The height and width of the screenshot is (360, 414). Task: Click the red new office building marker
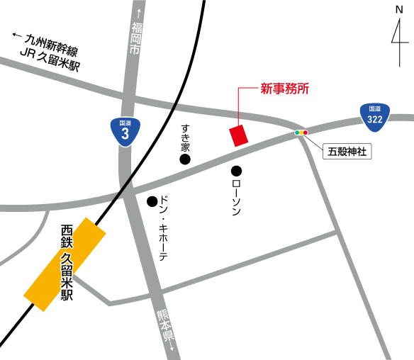click(x=239, y=135)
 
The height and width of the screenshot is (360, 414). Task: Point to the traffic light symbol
click(x=301, y=133)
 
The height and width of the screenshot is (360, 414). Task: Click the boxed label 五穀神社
click(x=347, y=151)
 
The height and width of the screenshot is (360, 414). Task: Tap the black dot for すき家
click(x=185, y=160)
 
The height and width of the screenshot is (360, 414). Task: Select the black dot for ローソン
click(x=236, y=171)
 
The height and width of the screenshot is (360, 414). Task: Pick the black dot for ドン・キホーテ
click(x=152, y=202)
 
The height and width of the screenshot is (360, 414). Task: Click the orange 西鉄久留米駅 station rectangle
click(x=65, y=264)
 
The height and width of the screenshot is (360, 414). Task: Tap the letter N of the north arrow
click(x=399, y=11)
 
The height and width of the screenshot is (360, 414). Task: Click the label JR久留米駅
click(x=50, y=64)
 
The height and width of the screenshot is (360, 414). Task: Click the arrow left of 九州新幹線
click(x=18, y=35)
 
